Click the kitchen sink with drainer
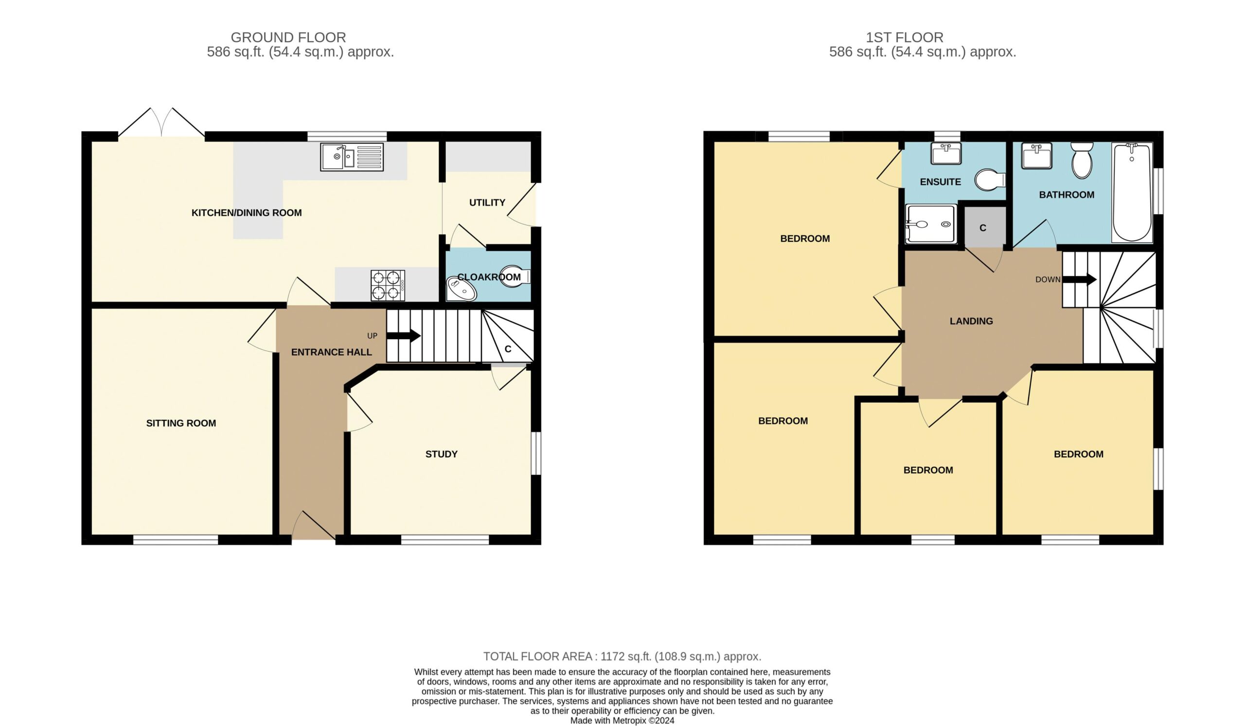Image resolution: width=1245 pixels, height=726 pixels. pyautogui.click(x=351, y=157)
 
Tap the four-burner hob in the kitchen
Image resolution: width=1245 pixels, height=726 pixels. pyautogui.click(x=388, y=285)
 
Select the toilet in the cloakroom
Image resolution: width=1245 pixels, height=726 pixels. pyautogui.click(x=516, y=276)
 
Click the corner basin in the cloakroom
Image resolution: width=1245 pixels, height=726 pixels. pyautogui.click(x=462, y=289)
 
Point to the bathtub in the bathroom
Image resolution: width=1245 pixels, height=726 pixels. pyautogui.click(x=1132, y=193)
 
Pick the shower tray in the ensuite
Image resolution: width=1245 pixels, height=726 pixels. pyautogui.click(x=930, y=224)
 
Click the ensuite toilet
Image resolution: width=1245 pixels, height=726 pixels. pyautogui.click(x=990, y=180)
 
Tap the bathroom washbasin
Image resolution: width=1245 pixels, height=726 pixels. pyautogui.click(x=1036, y=156)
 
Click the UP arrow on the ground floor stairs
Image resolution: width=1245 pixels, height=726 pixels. pyautogui.click(x=403, y=336)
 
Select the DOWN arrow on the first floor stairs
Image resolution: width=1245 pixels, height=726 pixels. pyautogui.click(x=1080, y=279)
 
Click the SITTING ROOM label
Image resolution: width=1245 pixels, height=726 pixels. pyautogui.click(x=181, y=423)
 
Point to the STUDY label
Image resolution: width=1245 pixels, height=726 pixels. pyautogui.click(x=441, y=454)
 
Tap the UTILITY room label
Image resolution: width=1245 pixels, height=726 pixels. pyautogui.click(x=487, y=202)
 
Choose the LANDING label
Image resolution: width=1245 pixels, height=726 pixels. pyautogui.click(x=971, y=321)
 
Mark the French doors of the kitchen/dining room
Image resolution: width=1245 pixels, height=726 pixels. pyautogui.click(x=161, y=122)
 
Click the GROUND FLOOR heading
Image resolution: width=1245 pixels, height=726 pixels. pyautogui.click(x=288, y=37)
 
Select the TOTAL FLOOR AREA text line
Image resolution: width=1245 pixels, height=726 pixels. pyautogui.click(x=622, y=656)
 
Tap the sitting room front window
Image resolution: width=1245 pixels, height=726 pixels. pyautogui.click(x=176, y=540)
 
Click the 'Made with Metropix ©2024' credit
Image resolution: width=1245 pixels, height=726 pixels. pyautogui.click(x=622, y=721)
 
